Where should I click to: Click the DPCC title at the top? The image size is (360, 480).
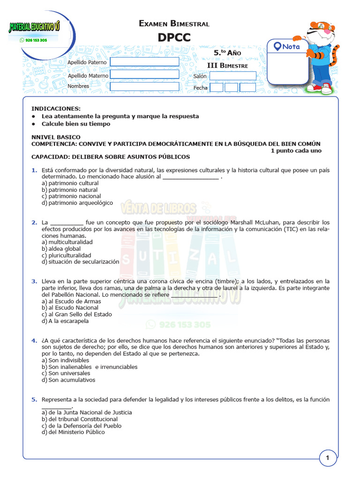tap(174, 37)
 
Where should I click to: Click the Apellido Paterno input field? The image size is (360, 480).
tap(144, 62)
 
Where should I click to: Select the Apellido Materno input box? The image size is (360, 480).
tap(144, 74)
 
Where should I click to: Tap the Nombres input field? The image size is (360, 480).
tap(144, 86)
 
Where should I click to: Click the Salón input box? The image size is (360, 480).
tap(232, 76)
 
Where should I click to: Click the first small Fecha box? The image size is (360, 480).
tap(217, 87)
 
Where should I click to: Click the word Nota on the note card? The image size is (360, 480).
tap(291, 47)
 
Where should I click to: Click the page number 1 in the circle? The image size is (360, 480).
tap(328, 458)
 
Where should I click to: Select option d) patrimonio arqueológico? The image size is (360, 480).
tap(77, 203)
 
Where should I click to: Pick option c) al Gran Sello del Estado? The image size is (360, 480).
tap(77, 315)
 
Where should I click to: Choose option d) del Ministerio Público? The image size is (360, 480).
tap(73, 432)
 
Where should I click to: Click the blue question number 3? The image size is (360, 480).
tap(34, 281)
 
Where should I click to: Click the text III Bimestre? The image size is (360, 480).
tap(227, 66)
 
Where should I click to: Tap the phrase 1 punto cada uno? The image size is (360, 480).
tap(296, 150)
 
